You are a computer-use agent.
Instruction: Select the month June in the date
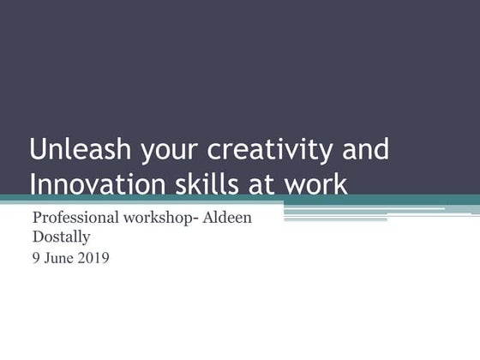[58, 256]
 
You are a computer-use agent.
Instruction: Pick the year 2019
[93, 256]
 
